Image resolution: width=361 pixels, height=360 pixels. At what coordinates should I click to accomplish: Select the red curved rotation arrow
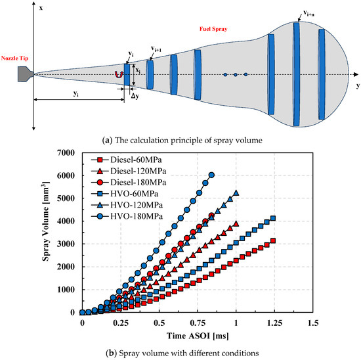[x=119, y=74]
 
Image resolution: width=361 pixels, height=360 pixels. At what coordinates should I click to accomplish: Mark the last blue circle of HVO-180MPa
[x=211, y=175]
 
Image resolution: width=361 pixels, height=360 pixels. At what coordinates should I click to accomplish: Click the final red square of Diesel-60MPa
[x=272, y=240]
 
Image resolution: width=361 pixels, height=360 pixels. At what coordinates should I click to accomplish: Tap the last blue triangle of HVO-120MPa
[x=235, y=193]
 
